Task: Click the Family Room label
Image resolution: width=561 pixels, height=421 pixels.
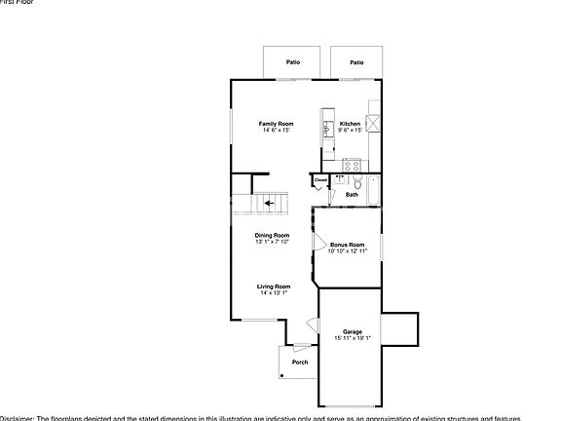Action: (x=276, y=124)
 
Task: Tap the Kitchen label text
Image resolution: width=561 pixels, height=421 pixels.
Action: (x=350, y=124)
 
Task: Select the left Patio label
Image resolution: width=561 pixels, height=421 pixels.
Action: (x=293, y=62)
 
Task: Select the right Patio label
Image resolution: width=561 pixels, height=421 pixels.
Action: (x=356, y=62)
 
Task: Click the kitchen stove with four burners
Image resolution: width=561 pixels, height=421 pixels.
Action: (x=352, y=164)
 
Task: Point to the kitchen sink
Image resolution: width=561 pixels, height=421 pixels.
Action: (x=327, y=127)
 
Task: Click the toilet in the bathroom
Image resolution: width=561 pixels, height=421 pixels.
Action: (x=357, y=182)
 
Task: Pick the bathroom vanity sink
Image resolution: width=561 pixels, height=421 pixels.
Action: (x=340, y=180)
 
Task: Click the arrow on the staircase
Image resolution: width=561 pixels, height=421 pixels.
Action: (x=269, y=204)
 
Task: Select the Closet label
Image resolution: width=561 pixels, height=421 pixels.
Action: (x=321, y=180)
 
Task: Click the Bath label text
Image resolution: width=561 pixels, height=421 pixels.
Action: (x=352, y=195)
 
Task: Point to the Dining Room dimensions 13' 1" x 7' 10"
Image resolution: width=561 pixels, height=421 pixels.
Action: (x=273, y=242)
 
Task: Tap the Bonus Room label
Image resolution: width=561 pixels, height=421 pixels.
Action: (x=347, y=244)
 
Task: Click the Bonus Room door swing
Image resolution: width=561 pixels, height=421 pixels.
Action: (x=318, y=242)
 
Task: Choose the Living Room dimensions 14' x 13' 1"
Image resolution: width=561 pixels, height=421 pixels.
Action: (x=274, y=292)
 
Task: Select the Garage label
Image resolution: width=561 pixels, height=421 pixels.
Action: (x=352, y=332)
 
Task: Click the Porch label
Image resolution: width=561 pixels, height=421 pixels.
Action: (x=300, y=363)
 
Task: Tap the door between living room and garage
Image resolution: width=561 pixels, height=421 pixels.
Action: (x=314, y=325)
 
